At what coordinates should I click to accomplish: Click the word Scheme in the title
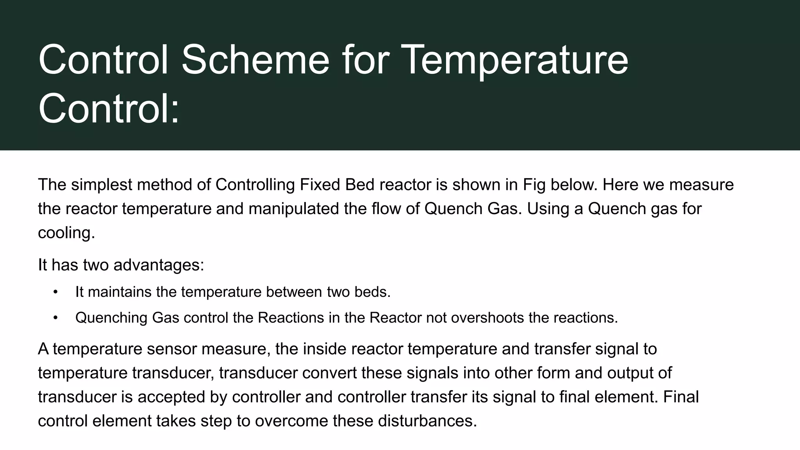pyautogui.click(x=255, y=60)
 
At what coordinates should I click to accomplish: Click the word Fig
pyautogui.click(x=534, y=185)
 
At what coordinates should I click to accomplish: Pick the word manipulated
pyautogui.click(x=294, y=209)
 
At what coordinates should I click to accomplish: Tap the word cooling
pyautogui.click(x=66, y=233)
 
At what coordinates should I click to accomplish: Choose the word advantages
pyautogui.click(x=159, y=265)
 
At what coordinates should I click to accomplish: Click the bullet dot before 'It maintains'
pyautogui.click(x=55, y=292)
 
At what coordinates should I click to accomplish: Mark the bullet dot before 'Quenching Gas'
pyautogui.click(x=55, y=318)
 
